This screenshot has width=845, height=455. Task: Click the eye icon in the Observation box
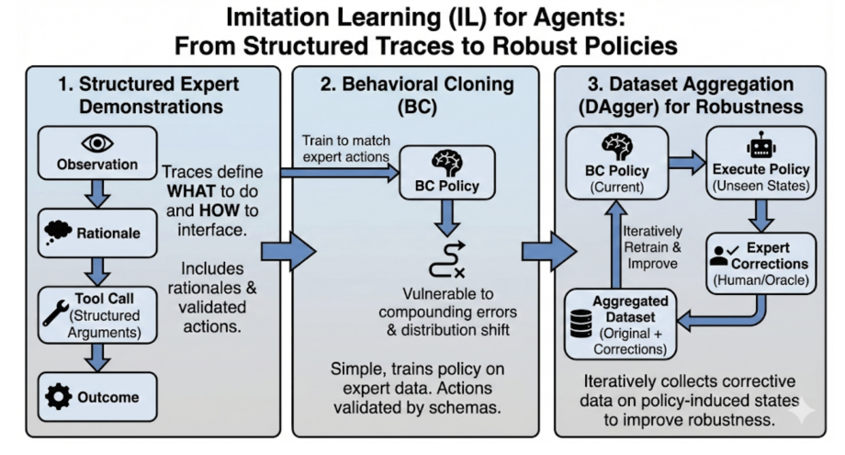[x=96, y=144]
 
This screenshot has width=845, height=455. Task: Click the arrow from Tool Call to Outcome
[x=96, y=358]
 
